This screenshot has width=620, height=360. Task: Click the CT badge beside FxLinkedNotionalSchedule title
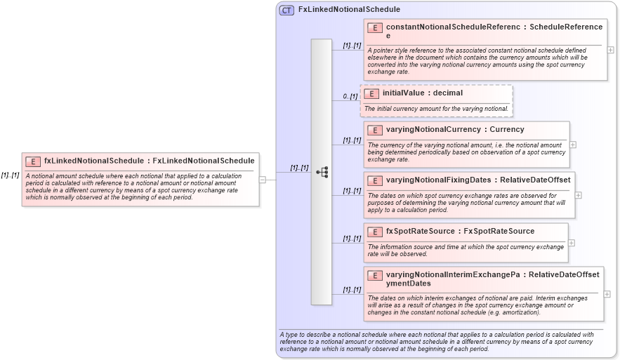click(x=286, y=10)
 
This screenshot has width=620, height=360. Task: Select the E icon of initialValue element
click(x=371, y=93)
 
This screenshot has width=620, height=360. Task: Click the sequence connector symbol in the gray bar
click(x=322, y=172)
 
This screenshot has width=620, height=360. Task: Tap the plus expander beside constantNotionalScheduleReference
click(x=610, y=50)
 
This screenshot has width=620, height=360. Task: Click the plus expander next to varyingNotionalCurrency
click(x=573, y=145)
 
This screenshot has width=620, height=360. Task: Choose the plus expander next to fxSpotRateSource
click(x=572, y=243)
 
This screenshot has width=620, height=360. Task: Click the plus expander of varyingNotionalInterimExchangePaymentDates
click(x=607, y=294)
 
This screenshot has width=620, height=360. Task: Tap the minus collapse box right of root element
click(x=262, y=179)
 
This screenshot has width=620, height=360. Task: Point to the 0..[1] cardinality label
click(x=350, y=96)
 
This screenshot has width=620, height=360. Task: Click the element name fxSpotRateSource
click(x=419, y=232)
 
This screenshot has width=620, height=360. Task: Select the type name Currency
click(x=506, y=130)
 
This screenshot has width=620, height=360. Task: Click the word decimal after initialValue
click(x=448, y=93)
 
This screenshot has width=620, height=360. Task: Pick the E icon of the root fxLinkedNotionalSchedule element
click(x=33, y=161)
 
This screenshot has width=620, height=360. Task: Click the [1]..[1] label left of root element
click(x=10, y=175)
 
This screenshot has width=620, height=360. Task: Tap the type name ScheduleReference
click(x=565, y=27)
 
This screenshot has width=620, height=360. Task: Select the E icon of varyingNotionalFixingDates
click(x=375, y=180)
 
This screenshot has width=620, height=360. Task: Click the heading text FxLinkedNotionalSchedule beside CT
click(x=349, y=10)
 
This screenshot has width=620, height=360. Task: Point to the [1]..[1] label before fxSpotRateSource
click(x=352, y=239)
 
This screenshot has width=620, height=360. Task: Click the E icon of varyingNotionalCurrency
click(x=375, y=130)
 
